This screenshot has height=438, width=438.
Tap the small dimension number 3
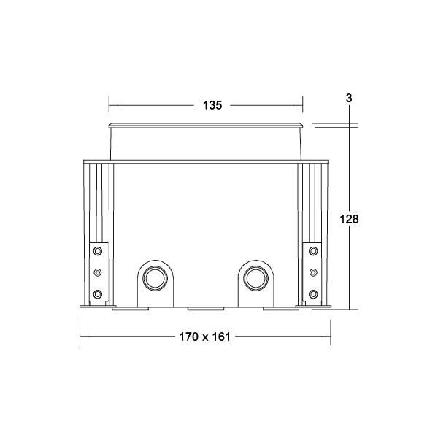click(x=350, y=96)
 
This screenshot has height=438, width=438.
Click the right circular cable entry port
click(x=255, y=278)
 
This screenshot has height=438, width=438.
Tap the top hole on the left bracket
click(x=97, y=253)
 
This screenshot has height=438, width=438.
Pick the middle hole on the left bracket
click(x=97, y=273)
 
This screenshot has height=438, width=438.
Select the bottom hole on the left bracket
click(x=97, y=294)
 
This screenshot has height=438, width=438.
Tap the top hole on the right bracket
click(x=313, y=253)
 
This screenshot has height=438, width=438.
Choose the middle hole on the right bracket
click(x=313, y=273)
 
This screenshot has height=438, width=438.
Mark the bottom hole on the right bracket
click(x=313, y=294)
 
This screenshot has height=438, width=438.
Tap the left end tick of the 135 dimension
click(x=109, y=105)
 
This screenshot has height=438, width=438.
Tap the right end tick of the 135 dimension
click(x=302, y=105)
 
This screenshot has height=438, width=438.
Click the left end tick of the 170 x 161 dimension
click(x=80, y=337)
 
